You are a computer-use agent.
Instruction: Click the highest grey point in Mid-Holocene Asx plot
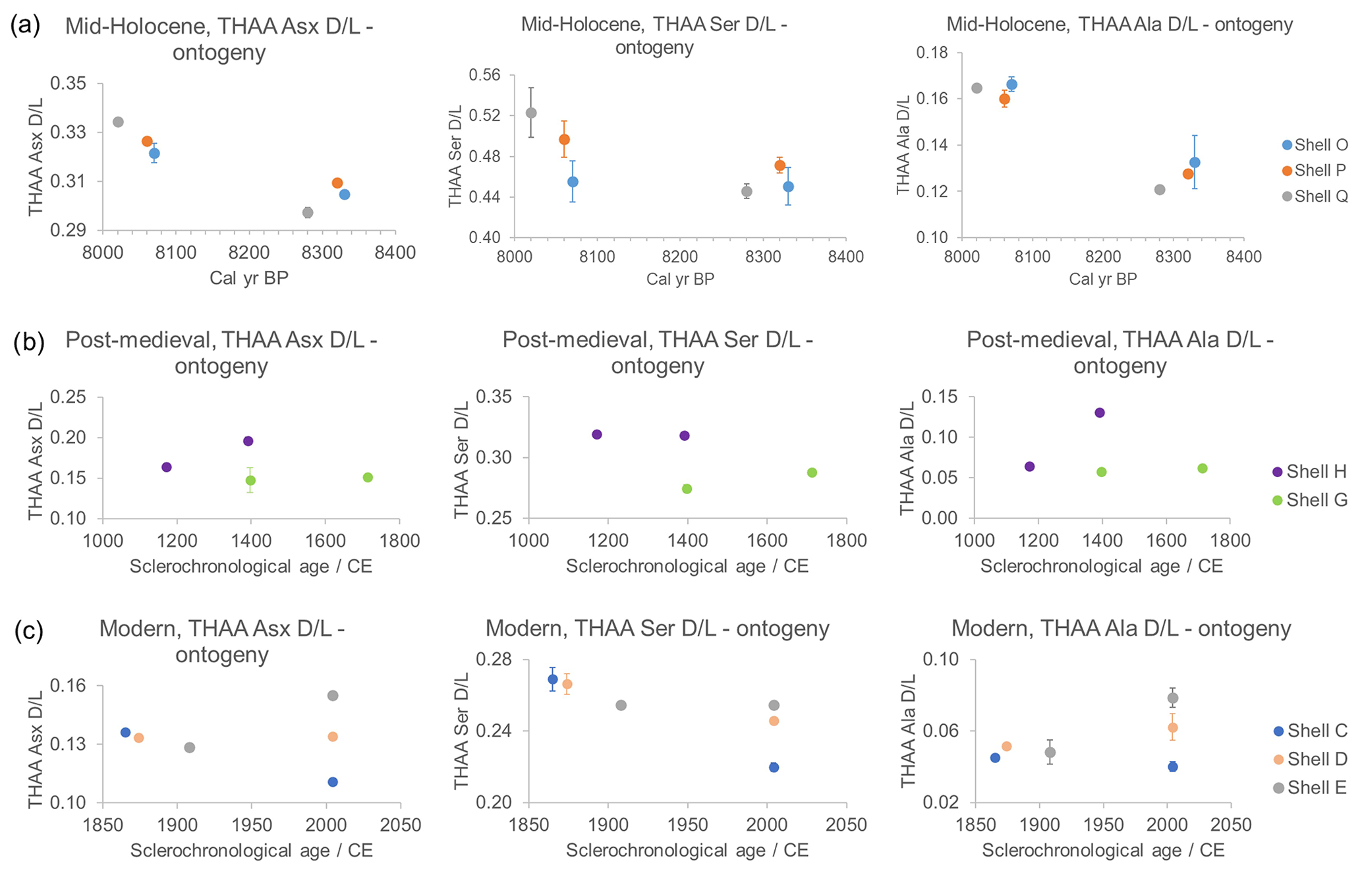(119, 122)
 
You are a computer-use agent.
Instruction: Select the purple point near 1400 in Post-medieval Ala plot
(1099, 413)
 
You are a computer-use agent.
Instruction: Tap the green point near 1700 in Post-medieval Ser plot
(812, 472)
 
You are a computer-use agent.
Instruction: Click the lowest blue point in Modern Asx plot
(333, 782)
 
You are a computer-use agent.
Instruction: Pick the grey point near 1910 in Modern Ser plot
(621, 706)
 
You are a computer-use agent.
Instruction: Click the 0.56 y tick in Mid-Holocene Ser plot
(484, 75)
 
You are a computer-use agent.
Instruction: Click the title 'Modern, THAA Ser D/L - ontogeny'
(657, 629)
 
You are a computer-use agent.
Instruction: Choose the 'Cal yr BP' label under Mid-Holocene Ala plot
(1102, 279)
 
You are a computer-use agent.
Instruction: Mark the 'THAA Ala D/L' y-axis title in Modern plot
(909, 730)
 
